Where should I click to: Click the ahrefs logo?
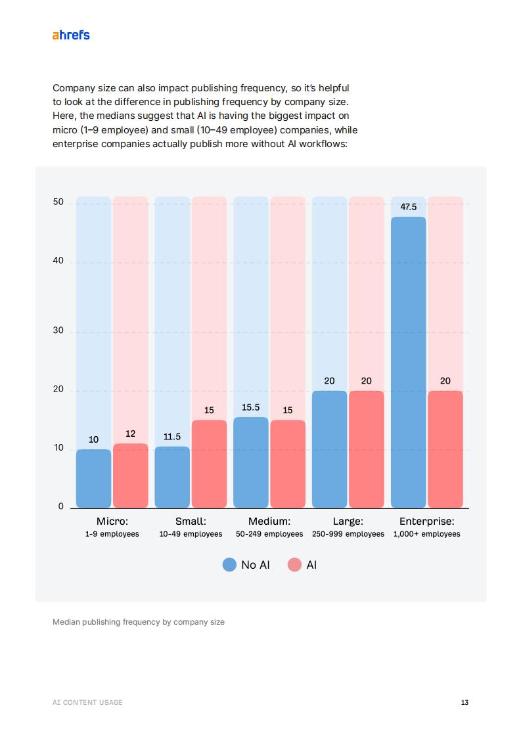coord(71,35)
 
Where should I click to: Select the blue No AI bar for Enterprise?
coord(408,362)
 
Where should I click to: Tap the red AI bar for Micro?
coord(130,476)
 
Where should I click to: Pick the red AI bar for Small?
coord(209,464)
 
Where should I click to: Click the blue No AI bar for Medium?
coord(251,462)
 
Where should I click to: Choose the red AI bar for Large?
coord(367,449)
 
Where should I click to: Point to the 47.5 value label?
coord(408,207)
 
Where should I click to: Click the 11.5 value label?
coord(172,437)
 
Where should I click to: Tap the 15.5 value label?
coord(251,407)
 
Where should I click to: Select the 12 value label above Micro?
coord(130,434)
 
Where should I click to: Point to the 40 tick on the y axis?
coord(58,261)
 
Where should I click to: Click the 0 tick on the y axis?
coord(61,506)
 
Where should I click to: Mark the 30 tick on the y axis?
coord(58,330)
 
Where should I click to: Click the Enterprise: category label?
coord(426,522)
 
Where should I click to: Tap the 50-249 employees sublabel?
coord(269,534)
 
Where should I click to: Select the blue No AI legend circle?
coord(229,565)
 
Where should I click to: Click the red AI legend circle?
coord(294,565)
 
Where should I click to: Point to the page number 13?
coord(464,702)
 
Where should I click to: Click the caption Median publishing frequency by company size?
coord(139,621)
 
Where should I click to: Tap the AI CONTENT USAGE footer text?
coord(87,702)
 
